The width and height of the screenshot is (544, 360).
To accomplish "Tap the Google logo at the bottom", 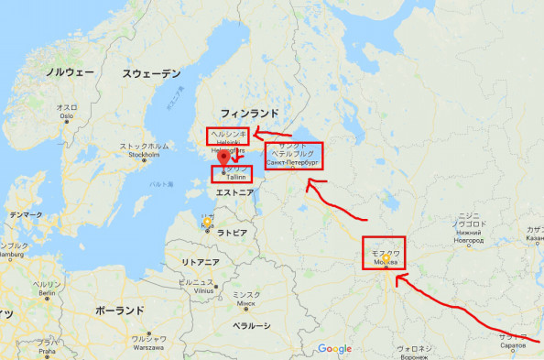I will pos(335,348).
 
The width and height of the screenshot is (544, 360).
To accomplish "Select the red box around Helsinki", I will pos(228,137).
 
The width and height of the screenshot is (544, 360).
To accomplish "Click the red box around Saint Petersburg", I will pos(293,156).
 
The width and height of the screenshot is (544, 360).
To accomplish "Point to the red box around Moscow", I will pos(384,254).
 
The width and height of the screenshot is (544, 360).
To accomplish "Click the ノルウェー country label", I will pos(70,71).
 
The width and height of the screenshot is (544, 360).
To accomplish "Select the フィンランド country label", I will pos(249,113).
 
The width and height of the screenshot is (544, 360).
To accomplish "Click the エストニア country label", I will pos(234,192).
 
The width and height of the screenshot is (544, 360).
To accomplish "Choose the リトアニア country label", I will pos(200,262).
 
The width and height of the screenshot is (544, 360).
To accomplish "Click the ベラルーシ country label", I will pos(250,324).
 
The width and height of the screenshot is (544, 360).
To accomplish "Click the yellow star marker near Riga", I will pos(208,222).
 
